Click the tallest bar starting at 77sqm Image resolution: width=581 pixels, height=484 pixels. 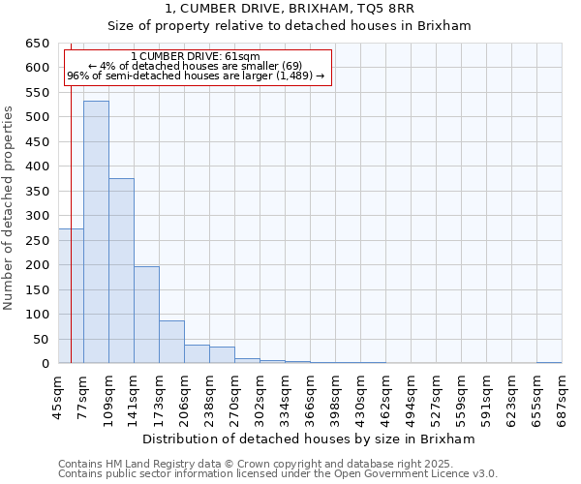pyautogui.click(x=96, y=232)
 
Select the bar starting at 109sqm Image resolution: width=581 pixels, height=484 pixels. pyautogui.click(x=121, y=271)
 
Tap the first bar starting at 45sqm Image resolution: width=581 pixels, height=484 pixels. pyautogui.click(x=71, y=296)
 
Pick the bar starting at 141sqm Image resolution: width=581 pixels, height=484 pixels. pyautogui.click(x=146, y=315)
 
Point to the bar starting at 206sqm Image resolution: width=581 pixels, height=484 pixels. pyautogui.click(x=197, y=354)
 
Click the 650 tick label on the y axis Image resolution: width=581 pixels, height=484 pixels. pyautogui.click(x=37, y=44)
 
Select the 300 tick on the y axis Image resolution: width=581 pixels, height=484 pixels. pyautogui.click(x=37, y=216)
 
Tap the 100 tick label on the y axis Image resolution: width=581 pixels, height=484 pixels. pyautogui.click(x=37, y=315)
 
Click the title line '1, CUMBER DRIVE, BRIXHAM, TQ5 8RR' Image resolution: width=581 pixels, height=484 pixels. pyautogui.click(x=290, y=9)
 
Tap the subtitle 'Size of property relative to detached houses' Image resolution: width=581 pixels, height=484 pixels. pyautogui.click(x=290, y=26)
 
